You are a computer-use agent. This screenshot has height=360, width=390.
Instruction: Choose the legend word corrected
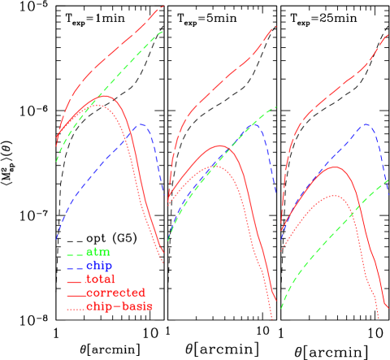(115, 293)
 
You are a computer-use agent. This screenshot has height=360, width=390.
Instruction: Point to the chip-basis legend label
(119, 306)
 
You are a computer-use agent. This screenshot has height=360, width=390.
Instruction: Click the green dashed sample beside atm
(74, 253)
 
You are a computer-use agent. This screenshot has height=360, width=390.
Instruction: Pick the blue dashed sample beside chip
(74, 266)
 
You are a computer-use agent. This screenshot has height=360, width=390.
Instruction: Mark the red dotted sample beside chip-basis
(74, 307)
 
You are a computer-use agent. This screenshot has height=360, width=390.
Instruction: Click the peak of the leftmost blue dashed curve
(142, 124)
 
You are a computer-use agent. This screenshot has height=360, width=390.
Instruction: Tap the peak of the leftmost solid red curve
(103, 96)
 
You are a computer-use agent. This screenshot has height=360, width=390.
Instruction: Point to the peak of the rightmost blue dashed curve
(367, 124)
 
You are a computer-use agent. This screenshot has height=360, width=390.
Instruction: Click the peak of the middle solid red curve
(221, 146)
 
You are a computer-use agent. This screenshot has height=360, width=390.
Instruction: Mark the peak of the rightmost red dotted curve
(334, 195)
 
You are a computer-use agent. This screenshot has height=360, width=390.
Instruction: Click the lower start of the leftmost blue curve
(56, 240)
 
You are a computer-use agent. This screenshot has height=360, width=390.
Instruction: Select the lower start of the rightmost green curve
(281, 308)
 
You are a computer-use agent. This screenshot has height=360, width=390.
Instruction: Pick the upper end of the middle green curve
(276, 106)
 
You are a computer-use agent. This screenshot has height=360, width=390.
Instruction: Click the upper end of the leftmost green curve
(163, 31)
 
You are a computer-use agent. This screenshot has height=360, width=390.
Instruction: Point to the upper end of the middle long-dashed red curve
(276, 27)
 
